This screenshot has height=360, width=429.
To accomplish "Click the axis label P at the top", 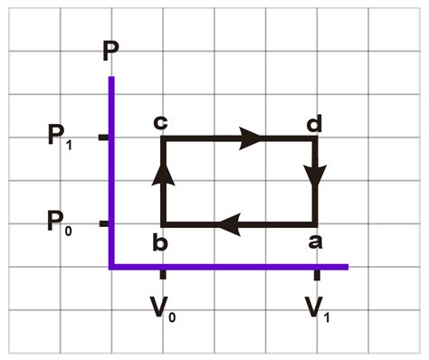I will point(110,51).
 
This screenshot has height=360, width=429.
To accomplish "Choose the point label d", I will point(314,121).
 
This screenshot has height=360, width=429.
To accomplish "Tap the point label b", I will point(161,242).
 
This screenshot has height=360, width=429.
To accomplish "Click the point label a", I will point(314,242).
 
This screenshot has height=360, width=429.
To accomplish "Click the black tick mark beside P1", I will point(103,137).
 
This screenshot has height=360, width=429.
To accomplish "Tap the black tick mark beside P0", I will point(103,223).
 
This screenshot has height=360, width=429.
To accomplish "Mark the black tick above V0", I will point(162,273).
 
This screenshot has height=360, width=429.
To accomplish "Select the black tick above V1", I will point(316,273).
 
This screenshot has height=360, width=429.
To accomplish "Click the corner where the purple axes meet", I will point(111,266).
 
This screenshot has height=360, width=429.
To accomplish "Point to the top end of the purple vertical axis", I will point(111,80).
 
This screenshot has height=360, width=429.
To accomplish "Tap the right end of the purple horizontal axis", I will point(347,266).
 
